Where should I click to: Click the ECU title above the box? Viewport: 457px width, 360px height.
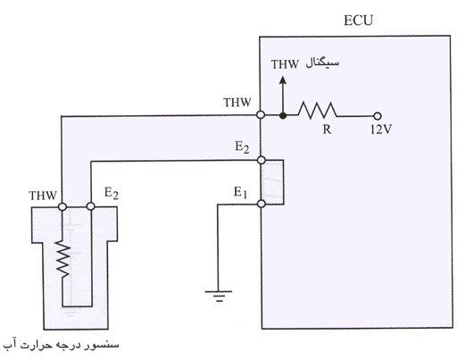coord(358,21)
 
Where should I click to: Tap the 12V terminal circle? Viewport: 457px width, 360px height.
coord(377,116)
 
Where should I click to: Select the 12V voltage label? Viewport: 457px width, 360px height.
coord(381,130)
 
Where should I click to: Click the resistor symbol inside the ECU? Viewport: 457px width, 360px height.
coord(318,111)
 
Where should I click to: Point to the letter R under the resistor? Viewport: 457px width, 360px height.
coord(327,130)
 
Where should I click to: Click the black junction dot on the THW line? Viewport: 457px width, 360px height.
coord(283,115)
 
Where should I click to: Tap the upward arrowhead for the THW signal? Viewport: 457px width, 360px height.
coord(283,80)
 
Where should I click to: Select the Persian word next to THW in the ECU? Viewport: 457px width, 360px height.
coord(322,63)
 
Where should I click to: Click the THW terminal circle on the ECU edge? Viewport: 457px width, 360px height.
coord(261,115)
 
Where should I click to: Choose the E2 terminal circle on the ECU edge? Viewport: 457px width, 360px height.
coord(261,160)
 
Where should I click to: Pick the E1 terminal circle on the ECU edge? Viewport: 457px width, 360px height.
coord(261,204)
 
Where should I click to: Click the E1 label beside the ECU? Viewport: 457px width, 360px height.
coord(240,192)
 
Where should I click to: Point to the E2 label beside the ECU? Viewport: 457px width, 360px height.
coord(242,147)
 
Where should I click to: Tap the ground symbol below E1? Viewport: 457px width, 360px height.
coord(218,296)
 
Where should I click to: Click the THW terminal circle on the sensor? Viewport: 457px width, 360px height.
coord(62,206)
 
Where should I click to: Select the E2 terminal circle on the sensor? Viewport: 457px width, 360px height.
coord(90,206)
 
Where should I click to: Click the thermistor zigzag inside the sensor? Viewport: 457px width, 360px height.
coord(62,259)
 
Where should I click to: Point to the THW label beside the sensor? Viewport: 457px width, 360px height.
coord(43,196)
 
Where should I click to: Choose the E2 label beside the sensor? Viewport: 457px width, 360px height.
coord(112,193)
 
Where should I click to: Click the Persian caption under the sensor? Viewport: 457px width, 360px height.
coord(61,345)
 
